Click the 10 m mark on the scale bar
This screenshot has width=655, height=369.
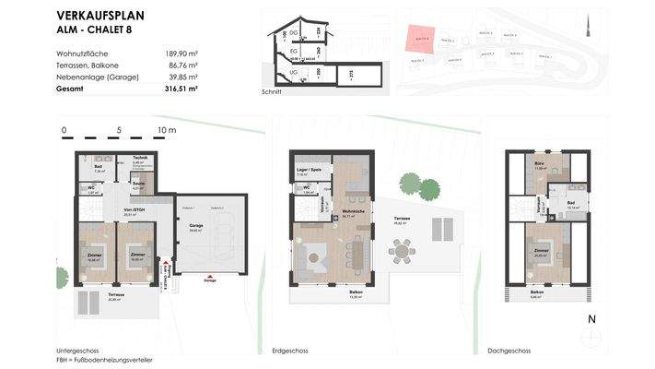coord(167,131)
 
